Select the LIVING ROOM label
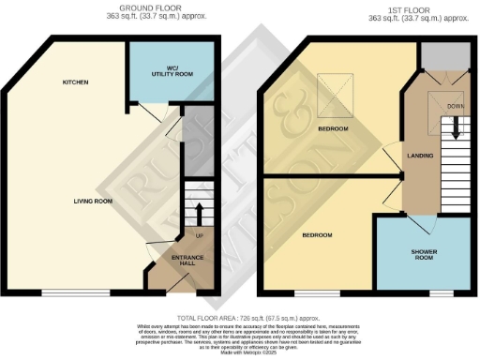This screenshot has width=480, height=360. [x=93, y=201]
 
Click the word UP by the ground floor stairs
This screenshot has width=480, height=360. [x=198, y=235]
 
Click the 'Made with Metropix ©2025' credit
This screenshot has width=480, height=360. [x=239, y=352]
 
